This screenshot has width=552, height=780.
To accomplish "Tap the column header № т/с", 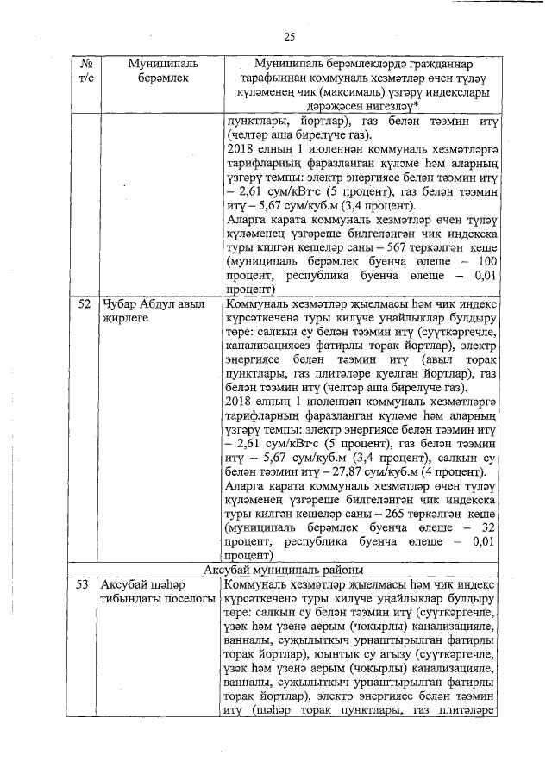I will (85, 72).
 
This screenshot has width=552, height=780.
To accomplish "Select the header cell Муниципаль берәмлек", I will (161, 72).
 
